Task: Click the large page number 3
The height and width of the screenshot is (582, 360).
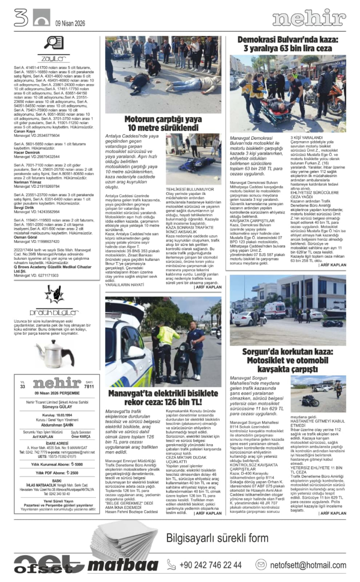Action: click(x=21, y=18)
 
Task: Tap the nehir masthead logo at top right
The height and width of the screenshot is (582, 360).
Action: click(x=309, y=18)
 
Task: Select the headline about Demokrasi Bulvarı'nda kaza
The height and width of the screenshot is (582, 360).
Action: click(x=288, y=44)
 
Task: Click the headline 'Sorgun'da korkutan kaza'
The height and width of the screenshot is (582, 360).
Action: click(x=288, y=361)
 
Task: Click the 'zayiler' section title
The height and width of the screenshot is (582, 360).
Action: click(x=53, y=59)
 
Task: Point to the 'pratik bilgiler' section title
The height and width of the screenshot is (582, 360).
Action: click(x=54, y=312)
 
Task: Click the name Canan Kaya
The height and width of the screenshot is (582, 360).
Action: click(x=24, y=131)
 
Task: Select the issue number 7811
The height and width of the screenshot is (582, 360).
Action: click(x=89, y=386)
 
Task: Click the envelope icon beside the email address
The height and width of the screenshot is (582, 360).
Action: click(x=261, y=565)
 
